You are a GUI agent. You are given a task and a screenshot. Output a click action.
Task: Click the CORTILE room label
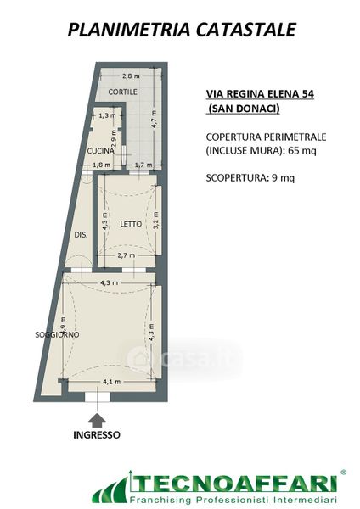(x=122, y=92)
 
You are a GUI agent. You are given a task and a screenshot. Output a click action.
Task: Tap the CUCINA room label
(x=101, y=151)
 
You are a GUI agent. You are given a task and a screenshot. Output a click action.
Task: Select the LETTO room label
(x=131, y=224)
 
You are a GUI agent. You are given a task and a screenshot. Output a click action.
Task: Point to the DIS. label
(x=81, y=235)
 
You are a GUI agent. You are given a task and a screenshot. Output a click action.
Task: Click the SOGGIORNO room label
(x=57, y=335)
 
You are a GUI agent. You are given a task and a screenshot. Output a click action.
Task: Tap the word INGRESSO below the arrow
(x=97, y=435)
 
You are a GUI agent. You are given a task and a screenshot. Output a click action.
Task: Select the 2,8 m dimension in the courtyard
(x=131, y=76)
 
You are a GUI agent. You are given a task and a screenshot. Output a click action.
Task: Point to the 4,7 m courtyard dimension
(x=154, y=119)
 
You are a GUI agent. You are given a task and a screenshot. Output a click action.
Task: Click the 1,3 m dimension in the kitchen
(x=107, y=115)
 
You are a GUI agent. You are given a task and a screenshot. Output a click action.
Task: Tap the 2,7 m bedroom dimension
(x=126, y=255)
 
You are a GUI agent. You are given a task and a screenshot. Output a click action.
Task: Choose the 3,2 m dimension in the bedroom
(x=156, y=221)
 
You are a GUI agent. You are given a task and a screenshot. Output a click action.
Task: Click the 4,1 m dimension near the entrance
(x=112, y=382)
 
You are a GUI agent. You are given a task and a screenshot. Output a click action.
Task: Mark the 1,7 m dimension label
(x=143, y=165)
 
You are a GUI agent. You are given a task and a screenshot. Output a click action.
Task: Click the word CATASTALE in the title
(x=246, y=30)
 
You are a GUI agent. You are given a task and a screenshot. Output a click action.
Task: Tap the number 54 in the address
(x=308, y=94)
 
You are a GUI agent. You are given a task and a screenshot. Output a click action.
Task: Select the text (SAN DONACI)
(x=244, y=109)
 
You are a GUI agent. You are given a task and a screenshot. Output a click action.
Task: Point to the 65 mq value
(x=302, y=151)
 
